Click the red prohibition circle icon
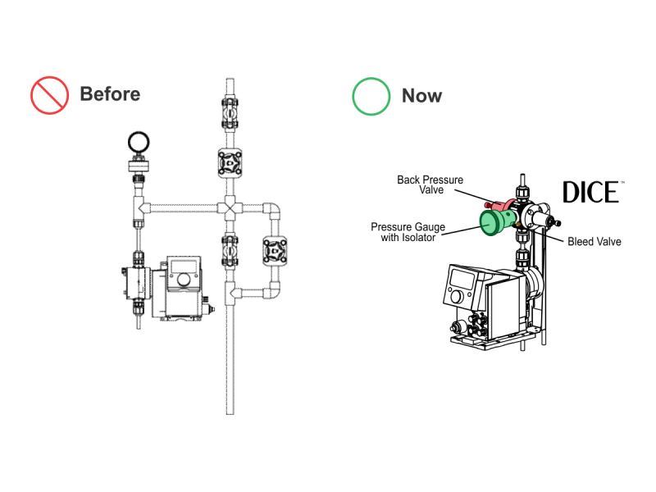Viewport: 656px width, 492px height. tap(49, 95)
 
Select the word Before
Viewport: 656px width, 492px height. tap(110, 94)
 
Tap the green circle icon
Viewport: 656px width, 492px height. tap(371, 96)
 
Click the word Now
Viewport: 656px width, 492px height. tap(421, 96)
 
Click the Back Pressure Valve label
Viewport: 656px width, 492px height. tap(430, 184)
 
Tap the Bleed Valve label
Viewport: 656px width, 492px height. tap(594, 242)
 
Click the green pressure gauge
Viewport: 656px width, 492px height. tap(495, 220)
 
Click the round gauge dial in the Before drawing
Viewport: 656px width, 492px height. tap(138, 142)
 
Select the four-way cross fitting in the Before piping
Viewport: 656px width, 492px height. tap(230, 207)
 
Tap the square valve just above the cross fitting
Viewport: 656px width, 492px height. tap(230, 163)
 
